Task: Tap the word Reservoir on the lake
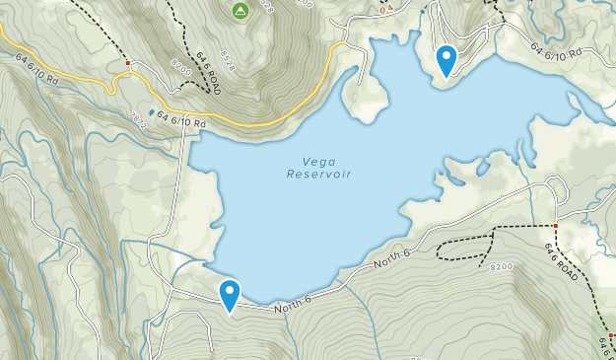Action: point(319,175)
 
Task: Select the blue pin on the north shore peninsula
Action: point(446,61)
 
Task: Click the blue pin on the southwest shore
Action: point(230,295)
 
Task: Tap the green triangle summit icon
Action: point(240,11)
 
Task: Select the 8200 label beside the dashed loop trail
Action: point(502,267)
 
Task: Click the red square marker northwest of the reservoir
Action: point(128,63)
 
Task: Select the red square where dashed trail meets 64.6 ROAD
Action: point(556,226)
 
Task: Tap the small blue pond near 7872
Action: point(152,110)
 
